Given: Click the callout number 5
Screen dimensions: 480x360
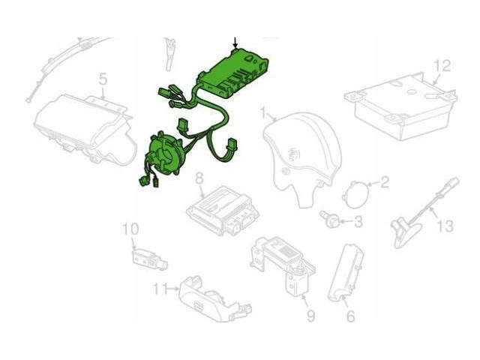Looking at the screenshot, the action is tap(103, 79).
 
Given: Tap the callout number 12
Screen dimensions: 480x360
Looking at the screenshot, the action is tap(442, 66).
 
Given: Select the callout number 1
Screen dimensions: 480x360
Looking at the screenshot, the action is tap(263, 112).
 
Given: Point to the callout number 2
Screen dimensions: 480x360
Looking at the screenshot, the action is tap(384, 182).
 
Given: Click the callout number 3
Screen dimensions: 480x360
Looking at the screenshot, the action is tap(358, 221).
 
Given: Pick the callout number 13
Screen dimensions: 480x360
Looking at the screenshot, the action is tap(445, 226).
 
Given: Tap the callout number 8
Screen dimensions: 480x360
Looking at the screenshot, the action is tap(199, 178).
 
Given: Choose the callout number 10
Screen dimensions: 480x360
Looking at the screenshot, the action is tap(130, 229).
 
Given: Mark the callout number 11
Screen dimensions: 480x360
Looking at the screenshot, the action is tap(160, 288).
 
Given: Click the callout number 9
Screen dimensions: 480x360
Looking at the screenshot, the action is tap(310, 316).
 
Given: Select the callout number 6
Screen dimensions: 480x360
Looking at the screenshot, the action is tap(350, 316).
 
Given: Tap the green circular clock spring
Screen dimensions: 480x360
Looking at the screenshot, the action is tap(164, 153).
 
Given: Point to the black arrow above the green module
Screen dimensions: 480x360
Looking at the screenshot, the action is tap(235, 43).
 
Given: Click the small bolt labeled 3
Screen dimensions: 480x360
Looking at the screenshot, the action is tap(329, 218).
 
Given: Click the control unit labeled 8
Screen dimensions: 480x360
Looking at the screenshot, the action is tap(223, 210).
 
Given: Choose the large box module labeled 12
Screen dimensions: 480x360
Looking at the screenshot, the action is tap(401, 106).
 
